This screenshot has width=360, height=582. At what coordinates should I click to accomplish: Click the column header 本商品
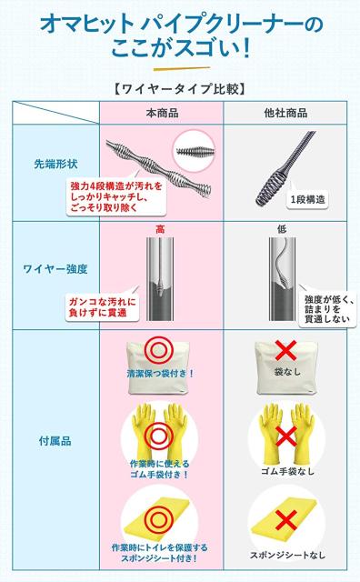pos(161,114)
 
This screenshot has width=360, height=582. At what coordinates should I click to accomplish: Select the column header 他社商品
pos(285,114)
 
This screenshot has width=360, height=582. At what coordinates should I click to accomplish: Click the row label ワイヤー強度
pos(54,269)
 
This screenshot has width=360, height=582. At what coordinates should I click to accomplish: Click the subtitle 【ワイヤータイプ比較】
pos(180,89)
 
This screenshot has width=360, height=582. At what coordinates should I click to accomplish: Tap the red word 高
pos(160,227)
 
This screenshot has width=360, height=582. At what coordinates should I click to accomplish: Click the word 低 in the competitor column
pos(281,227)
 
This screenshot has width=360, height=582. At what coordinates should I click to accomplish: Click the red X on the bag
pos(285,350)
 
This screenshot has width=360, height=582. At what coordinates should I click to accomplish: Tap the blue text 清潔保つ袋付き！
pos(160,374)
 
